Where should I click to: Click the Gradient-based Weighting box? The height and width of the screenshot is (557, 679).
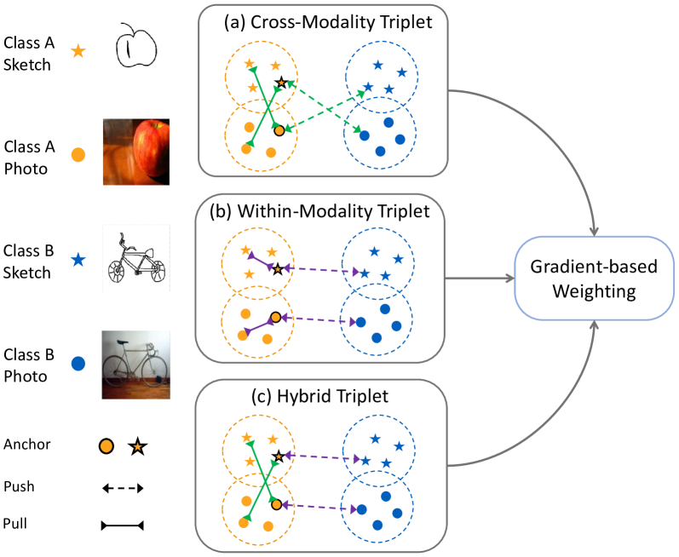595,278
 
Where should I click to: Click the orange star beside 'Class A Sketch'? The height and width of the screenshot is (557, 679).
78,51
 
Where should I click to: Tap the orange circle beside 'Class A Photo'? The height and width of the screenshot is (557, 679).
78,155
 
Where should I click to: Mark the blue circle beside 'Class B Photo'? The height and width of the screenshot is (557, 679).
78,364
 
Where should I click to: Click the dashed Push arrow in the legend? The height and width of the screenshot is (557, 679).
123,488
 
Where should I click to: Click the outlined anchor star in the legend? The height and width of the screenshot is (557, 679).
137,445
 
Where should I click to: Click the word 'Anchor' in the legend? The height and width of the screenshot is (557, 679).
26,445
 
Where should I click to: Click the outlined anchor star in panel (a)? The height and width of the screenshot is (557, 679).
280,83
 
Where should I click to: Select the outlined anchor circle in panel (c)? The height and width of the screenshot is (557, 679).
276,505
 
